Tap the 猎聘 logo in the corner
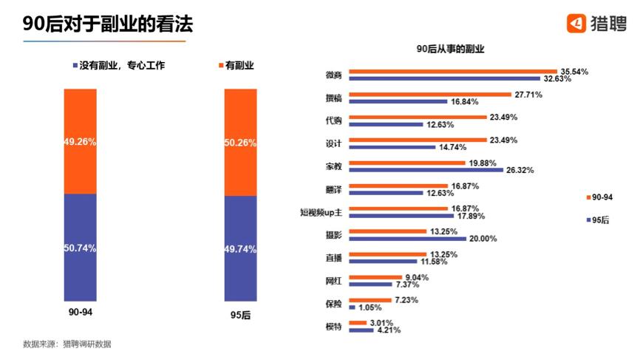click(596, 24)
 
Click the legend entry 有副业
click(236, 66)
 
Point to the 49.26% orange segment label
click(80, 141)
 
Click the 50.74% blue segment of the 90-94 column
click(80, 248)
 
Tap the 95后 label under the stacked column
click(240, 315)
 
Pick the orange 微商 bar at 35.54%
click(452, 72)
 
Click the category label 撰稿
click(333, 98)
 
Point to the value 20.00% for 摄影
click(483, 239)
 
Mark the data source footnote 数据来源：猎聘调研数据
click(67, 344)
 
